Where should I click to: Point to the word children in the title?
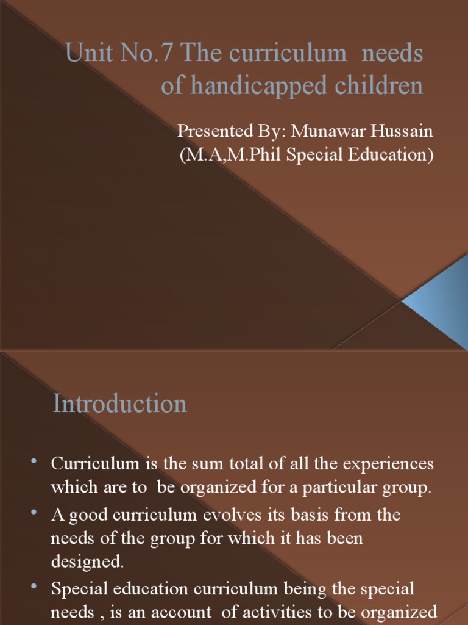point(377,86)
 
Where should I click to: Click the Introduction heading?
point(120,404)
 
